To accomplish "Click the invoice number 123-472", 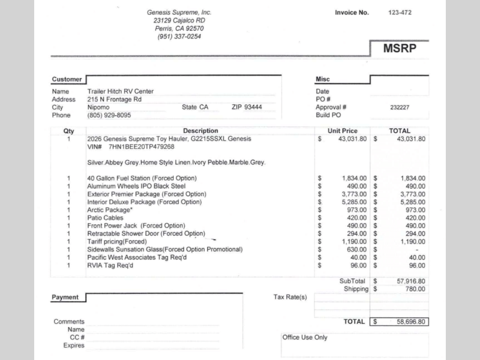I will coord(400,13).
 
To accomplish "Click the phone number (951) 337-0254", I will coord(179,37).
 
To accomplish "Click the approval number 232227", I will coord(400,107).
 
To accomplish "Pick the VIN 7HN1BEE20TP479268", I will coord(142,147).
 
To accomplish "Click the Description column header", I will coord(200,131).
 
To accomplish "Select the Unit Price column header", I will coord(342,131).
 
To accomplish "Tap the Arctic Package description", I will coord(109,210).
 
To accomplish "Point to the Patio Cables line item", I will coord(105,218).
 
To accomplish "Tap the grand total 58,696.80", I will coord(410,322).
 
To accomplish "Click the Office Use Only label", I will coord(305,338).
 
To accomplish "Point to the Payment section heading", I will coord(65,297).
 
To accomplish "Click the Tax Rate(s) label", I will coord(290,297).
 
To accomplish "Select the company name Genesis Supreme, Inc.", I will coord(179,13).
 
